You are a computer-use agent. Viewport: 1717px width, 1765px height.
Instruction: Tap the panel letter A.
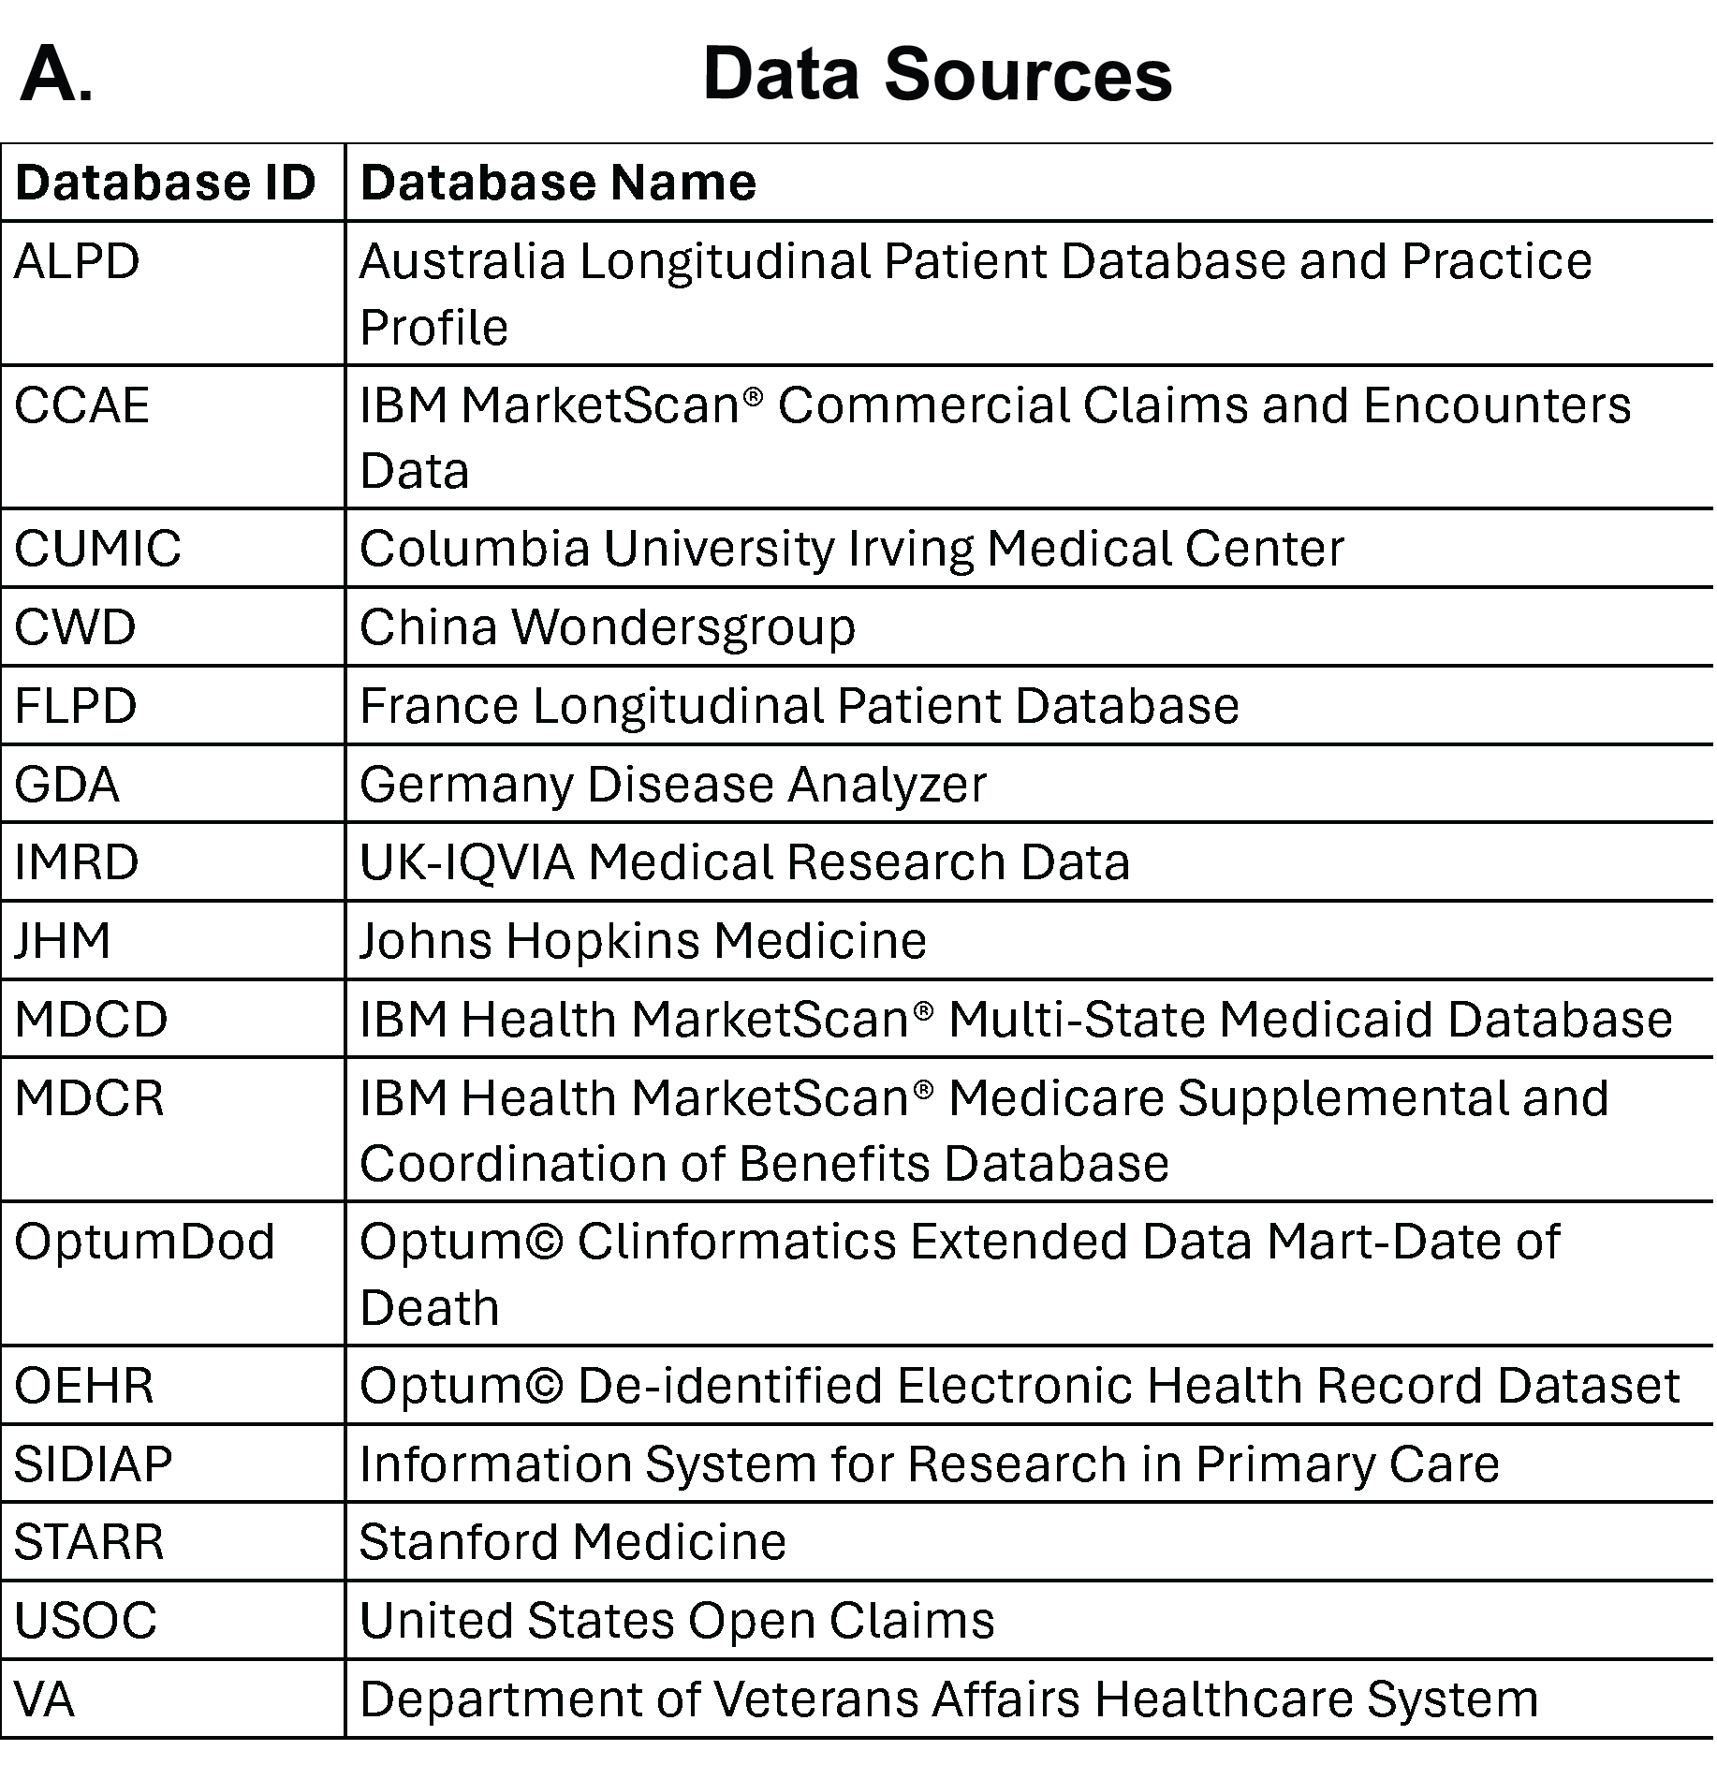56,75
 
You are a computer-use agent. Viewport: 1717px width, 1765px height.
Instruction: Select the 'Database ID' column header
166,183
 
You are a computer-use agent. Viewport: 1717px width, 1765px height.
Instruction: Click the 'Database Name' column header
558,183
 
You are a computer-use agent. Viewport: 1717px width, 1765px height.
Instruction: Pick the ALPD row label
77,261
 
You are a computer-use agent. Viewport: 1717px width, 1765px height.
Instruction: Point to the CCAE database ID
82,405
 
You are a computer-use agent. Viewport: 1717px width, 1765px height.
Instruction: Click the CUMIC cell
97,549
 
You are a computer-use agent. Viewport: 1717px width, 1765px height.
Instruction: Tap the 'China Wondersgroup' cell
607,627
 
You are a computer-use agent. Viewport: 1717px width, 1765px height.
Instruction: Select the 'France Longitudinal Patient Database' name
799,706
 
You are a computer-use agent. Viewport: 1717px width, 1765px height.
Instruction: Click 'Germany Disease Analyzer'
672,785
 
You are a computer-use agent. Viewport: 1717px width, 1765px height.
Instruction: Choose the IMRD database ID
77,862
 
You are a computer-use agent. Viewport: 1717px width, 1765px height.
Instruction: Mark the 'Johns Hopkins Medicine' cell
642,941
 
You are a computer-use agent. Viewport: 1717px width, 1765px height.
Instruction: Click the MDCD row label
91,1020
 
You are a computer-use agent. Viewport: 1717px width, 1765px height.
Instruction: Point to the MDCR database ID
89,1098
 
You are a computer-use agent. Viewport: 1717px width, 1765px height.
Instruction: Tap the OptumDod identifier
145,1243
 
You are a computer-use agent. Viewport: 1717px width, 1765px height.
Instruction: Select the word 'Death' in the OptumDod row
429,1308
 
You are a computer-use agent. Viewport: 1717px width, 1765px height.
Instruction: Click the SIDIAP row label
94,1464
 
